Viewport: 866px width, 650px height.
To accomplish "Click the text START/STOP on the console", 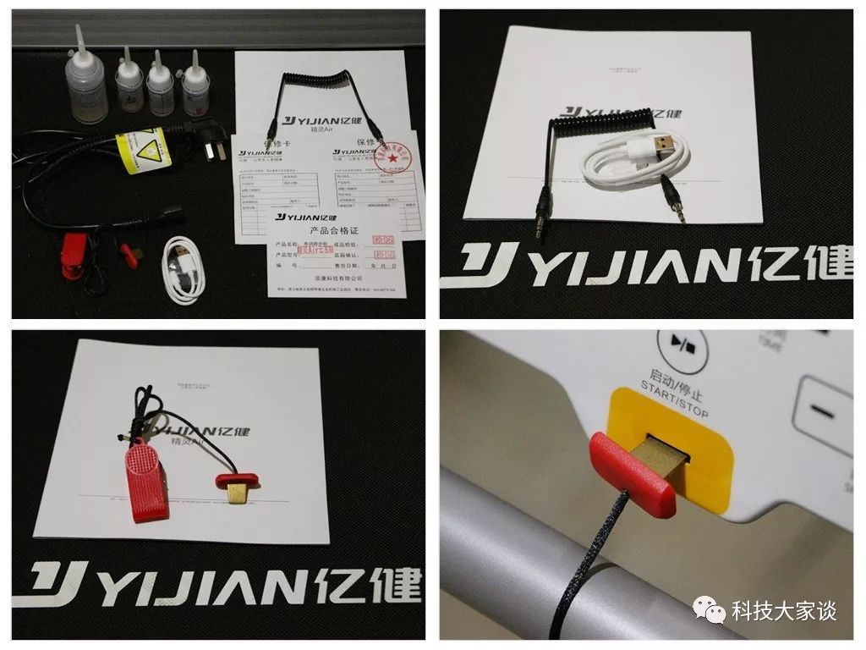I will [x=673, y=388].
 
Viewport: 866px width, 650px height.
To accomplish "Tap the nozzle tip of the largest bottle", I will [x=79, y=31].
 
